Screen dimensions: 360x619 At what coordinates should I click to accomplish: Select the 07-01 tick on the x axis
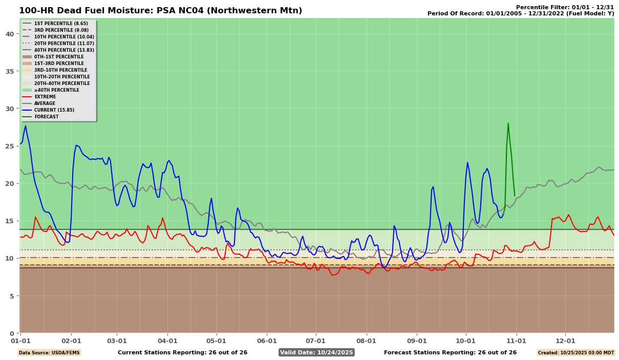click(x=315, y=341)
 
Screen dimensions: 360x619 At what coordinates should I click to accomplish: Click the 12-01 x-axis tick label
click(x=565, y=341)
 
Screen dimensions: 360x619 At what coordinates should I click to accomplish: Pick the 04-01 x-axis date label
click(x=167, y=341)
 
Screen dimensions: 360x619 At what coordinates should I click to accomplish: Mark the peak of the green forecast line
click(x=508, y=123)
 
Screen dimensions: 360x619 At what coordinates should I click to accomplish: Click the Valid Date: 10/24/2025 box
click(x=316, y=352)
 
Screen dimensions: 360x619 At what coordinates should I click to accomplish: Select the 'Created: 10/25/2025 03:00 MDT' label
click(x=575, y=353)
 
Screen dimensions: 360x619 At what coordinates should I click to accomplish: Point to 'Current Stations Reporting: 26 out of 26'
click(x=182, y=352)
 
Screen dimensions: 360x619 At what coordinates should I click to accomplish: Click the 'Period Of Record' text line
click(x=521, y=14)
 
